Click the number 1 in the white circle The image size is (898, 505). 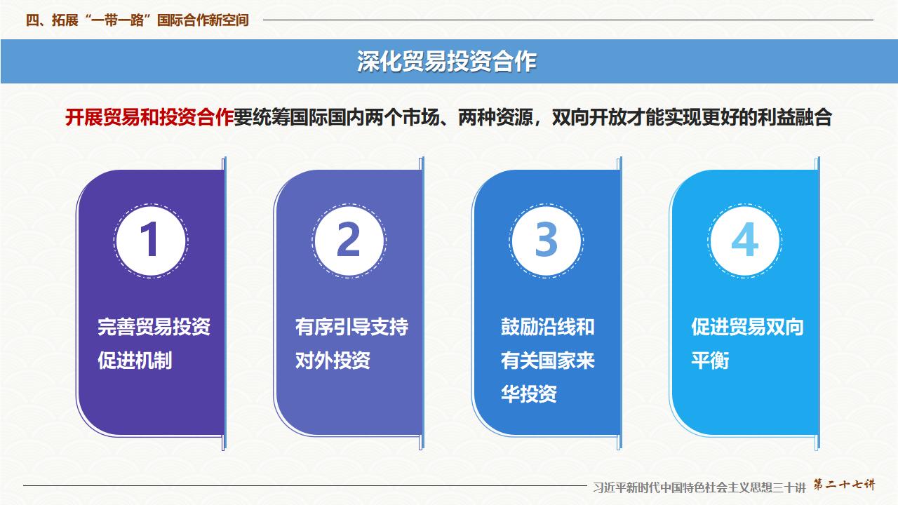click(x=150, y=240)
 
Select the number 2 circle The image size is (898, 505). click(x=349, y=240)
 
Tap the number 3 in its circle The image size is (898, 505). click(x=547, y=240)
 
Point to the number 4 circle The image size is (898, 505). click(x=744, y=240)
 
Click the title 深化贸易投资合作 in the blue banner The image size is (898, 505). click(x=447, y=62)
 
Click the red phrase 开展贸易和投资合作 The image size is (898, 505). click(x=149, y=117)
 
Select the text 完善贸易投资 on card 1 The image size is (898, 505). click(x=154, y=327)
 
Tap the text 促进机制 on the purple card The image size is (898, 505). click(x=135, y=361)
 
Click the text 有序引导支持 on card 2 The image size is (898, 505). click(x=351, y=327)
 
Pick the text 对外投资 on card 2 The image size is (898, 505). click(x=333, y=361)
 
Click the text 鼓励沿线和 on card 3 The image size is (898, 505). click(x=547, y=327)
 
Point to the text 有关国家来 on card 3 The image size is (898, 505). click(x=547, y=361)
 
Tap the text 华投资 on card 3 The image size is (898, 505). click(x=529, y=394)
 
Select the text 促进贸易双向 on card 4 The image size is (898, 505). click(x=747, y=327)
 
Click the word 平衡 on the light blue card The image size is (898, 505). click(x=710, y=361)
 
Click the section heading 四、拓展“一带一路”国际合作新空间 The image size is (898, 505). click(x=138, y=20)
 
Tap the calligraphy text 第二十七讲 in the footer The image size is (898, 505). click(x=844, y=485)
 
